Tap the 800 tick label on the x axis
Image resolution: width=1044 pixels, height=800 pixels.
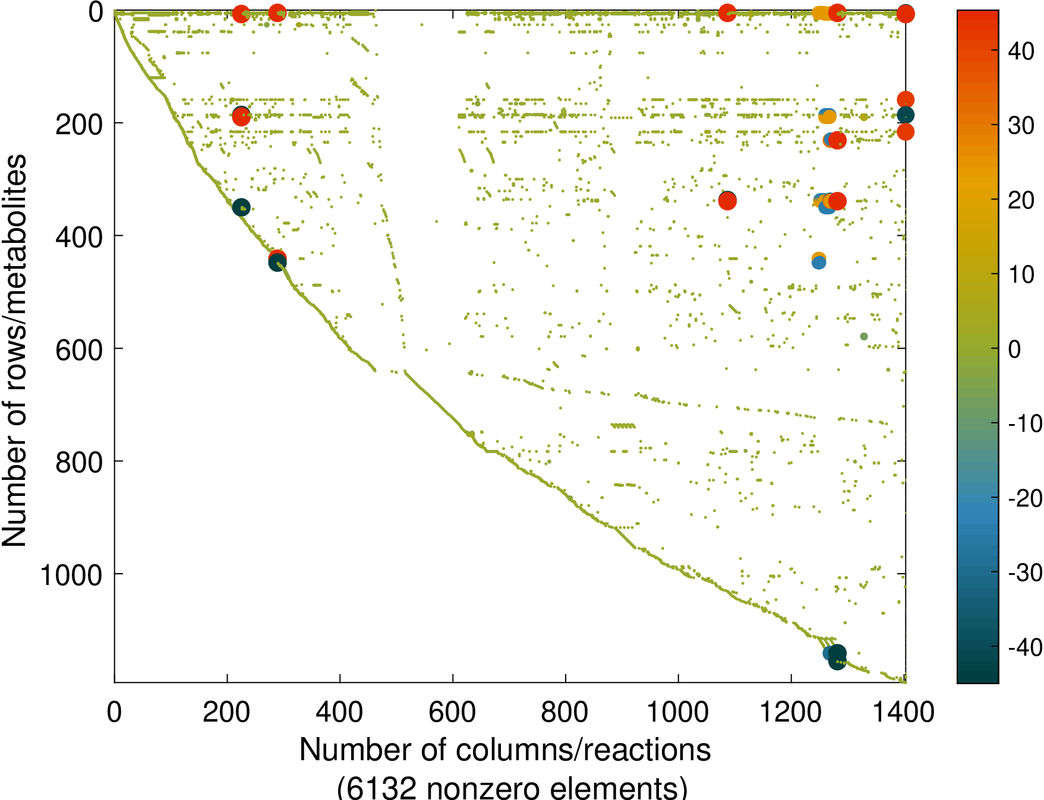pyautogui.click(x=565, y=712)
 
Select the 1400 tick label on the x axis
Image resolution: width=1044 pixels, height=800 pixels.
pyautogui.click(x=903, y=712)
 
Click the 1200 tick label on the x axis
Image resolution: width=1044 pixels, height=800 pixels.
pyautogui.click(x=791, y=712)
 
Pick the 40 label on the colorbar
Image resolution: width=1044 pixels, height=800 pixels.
pyautogui.click(x=1021, y=52)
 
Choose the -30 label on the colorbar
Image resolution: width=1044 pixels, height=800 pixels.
pyautogui.click(x=1025, y=573)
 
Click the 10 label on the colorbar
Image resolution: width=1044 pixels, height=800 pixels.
pyautogui.click(x=1021, y=274)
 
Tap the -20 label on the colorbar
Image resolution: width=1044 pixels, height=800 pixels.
pyautogui.click(x=1025, y=498)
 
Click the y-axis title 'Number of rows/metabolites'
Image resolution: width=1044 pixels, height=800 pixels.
pyautogui.click(x=14, y=350)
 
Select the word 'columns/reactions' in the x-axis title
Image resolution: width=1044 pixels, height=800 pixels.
pyautogui.click(x=583, y=750)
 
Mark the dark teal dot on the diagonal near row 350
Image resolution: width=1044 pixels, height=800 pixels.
pyautogui.click(x=241, y=207)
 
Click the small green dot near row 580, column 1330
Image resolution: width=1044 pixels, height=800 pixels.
pyautogui.click(x=864, y=337)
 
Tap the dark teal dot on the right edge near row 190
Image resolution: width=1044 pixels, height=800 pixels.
pyautogui.click(x=905, y=115)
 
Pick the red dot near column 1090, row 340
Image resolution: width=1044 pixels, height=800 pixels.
pyautogui.click(x=727, y=201)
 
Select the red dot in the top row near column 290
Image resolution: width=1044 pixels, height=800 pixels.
pyautogui.click(x=277, y=12)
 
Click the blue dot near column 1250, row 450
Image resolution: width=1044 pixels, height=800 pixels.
pyautogui.click(x=819, y=263)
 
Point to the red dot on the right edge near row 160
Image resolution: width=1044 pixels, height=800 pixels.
pyautogui.click(x=905, y=99)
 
